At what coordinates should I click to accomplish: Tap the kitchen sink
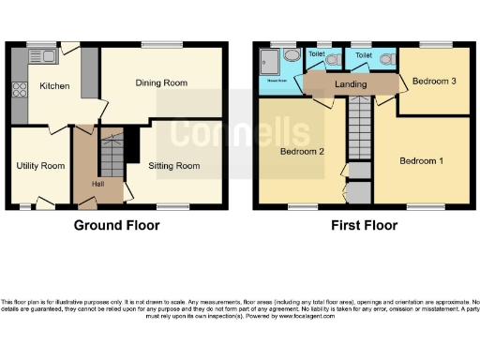click(x=43, y=57)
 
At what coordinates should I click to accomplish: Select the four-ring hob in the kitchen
click(x=19, y=92)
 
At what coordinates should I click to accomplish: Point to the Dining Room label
click(x=161, y=82)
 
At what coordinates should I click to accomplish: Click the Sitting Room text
click(x=175, y=166)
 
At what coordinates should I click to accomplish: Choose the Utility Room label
click(x=40, y=166)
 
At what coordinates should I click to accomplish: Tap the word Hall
click(x=97, y=184)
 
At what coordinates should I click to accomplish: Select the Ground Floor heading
click(x=117, y=225)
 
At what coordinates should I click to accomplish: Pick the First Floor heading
click(x=362, y=225)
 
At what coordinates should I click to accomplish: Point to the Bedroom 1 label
click(x=421, y=161)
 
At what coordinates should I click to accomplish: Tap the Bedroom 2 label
click(x=302, y=152)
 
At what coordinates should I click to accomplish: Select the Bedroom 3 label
click(x=434, y=82)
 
